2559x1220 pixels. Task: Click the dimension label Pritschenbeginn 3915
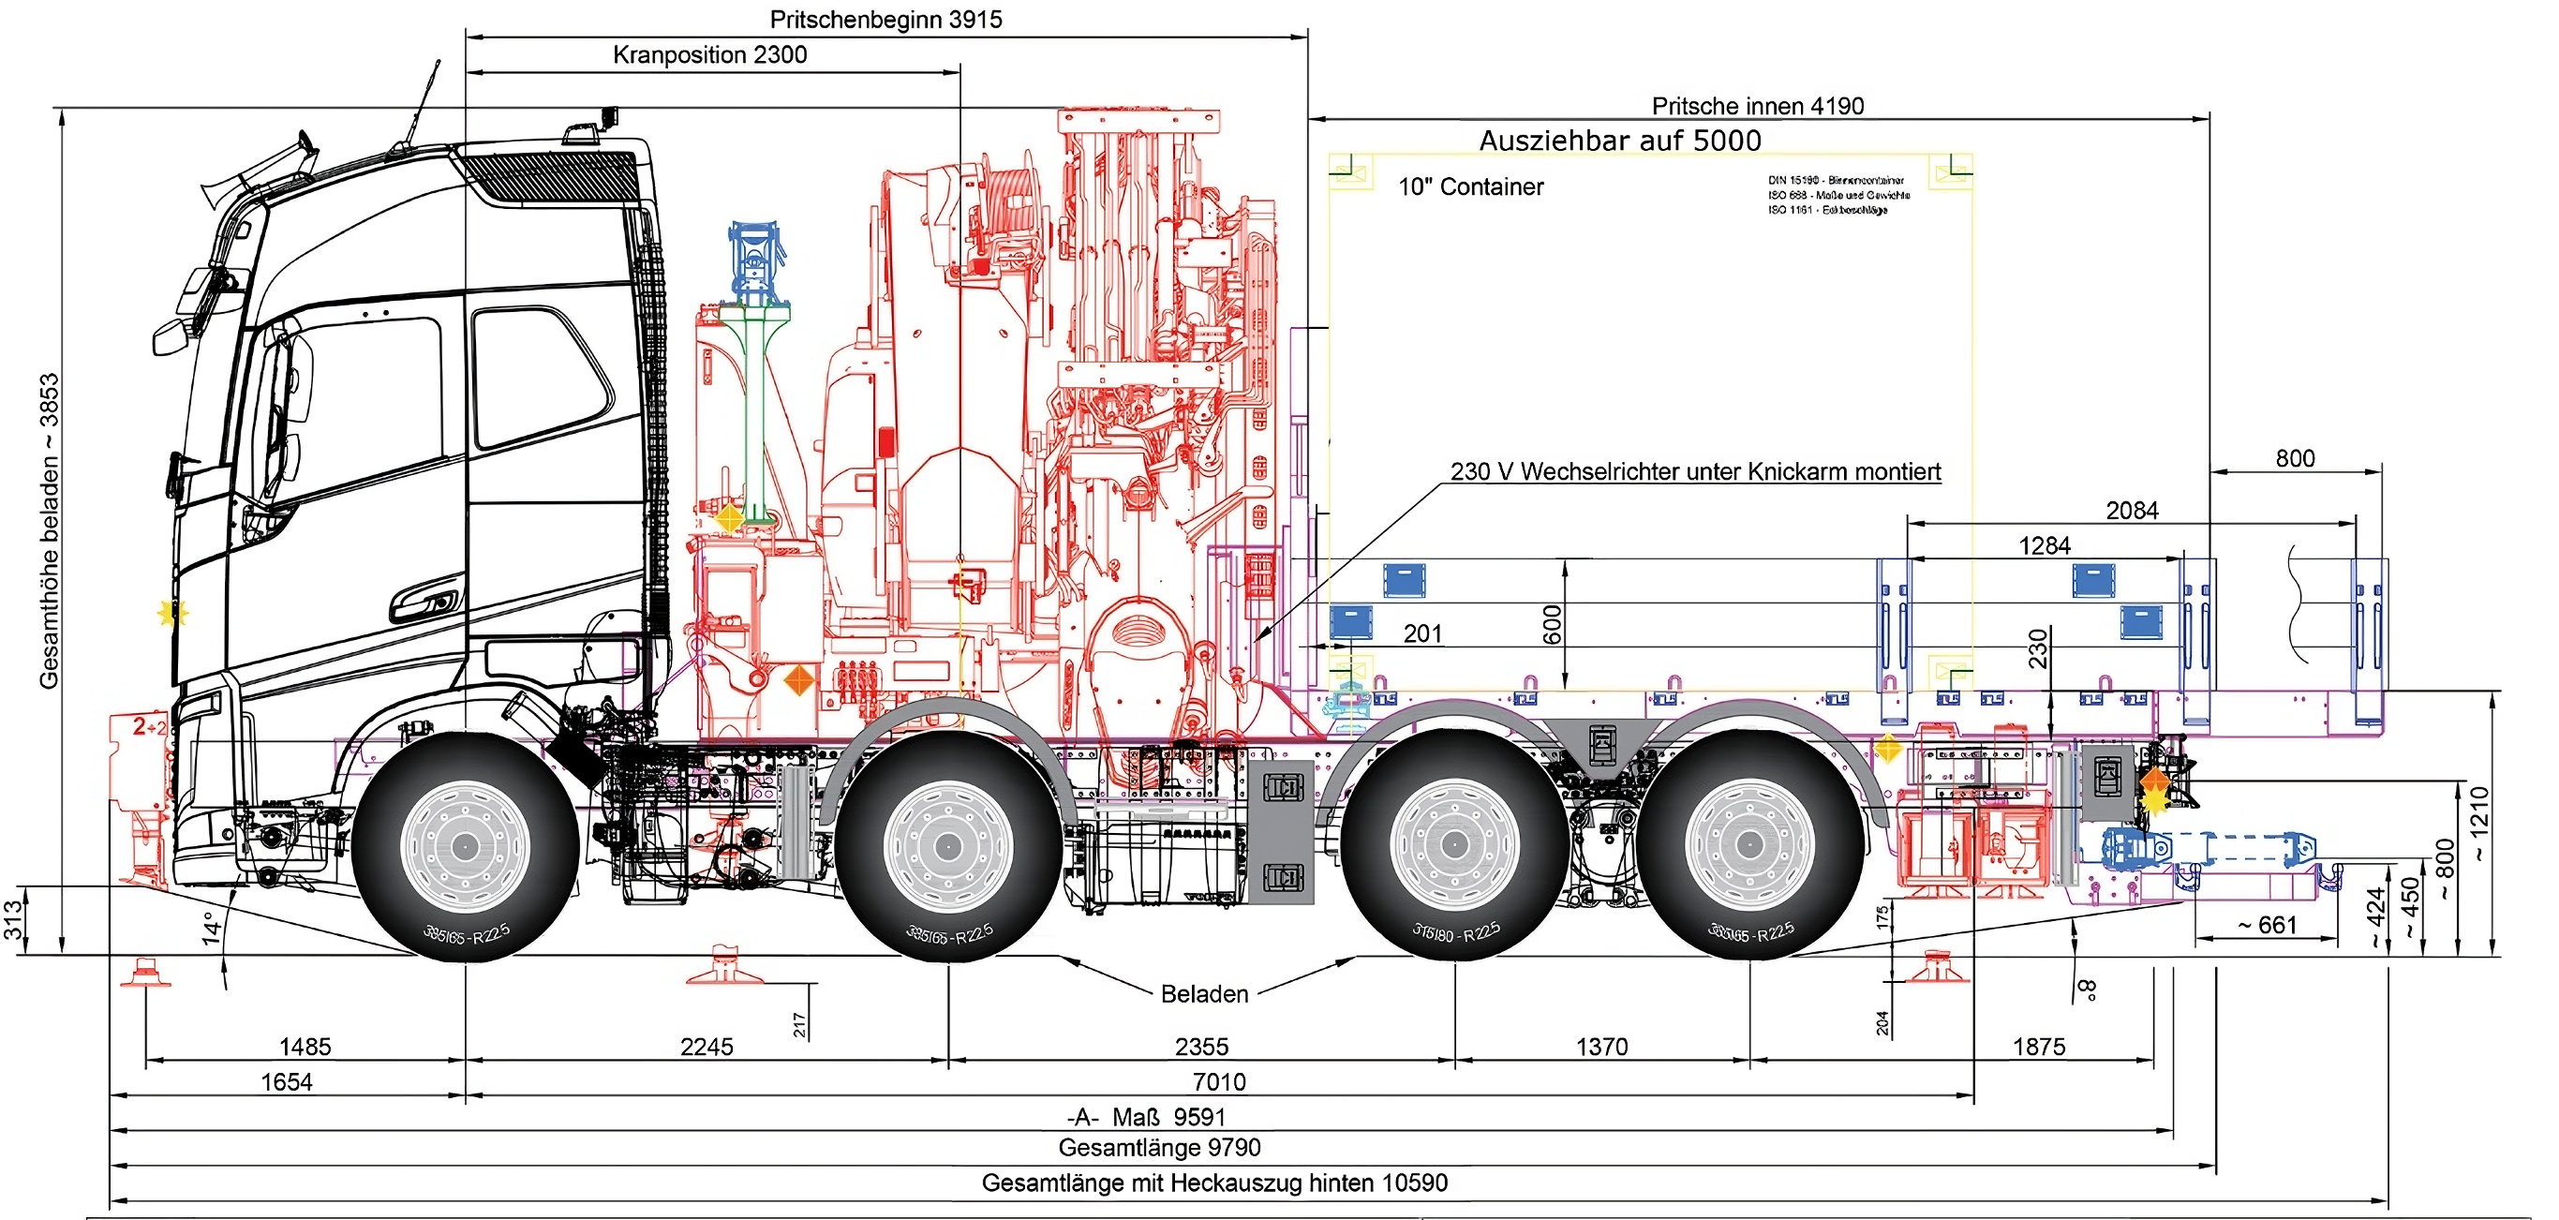pyautogui.click(x=885, y=20)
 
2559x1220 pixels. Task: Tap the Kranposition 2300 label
pyautogui.click(x=709, y=54)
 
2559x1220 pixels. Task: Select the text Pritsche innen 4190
pyautogui.click(x=1757, y=106)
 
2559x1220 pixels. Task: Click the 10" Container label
pyautogui.click(x=1470, y=186)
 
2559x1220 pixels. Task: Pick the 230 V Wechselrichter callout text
pyautogui.click(x=1695, y=472)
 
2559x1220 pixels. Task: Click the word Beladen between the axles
pyautogui.click(x=1204, y=993)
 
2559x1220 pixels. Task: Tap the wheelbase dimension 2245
pyautogui.click(x=707, y=1046)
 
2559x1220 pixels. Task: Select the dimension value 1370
pyautogui.click(x=1601, y=1046)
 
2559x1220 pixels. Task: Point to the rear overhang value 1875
pyautogui.click(x=2038, y=1046)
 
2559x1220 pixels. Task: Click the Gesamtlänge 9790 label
pyautogui.click(x=1159, y=1148)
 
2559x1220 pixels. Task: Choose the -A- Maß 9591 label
pyautogui.click(x=1146, y=1117)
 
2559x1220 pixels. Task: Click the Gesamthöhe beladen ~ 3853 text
pyautogui.click(x=49, y=530)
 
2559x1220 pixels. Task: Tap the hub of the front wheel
pyautogui.click(x=464, y=846)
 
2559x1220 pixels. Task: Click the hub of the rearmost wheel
pyautogui.click(x=1749, y=845)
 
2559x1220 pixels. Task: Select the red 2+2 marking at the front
pyautogui.click(x=150, y=727)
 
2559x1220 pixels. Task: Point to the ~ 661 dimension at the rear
pyautogui.click(x=2267, y=925)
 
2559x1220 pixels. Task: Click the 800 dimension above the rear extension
pyautogui.click(x=2295, y=458)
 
